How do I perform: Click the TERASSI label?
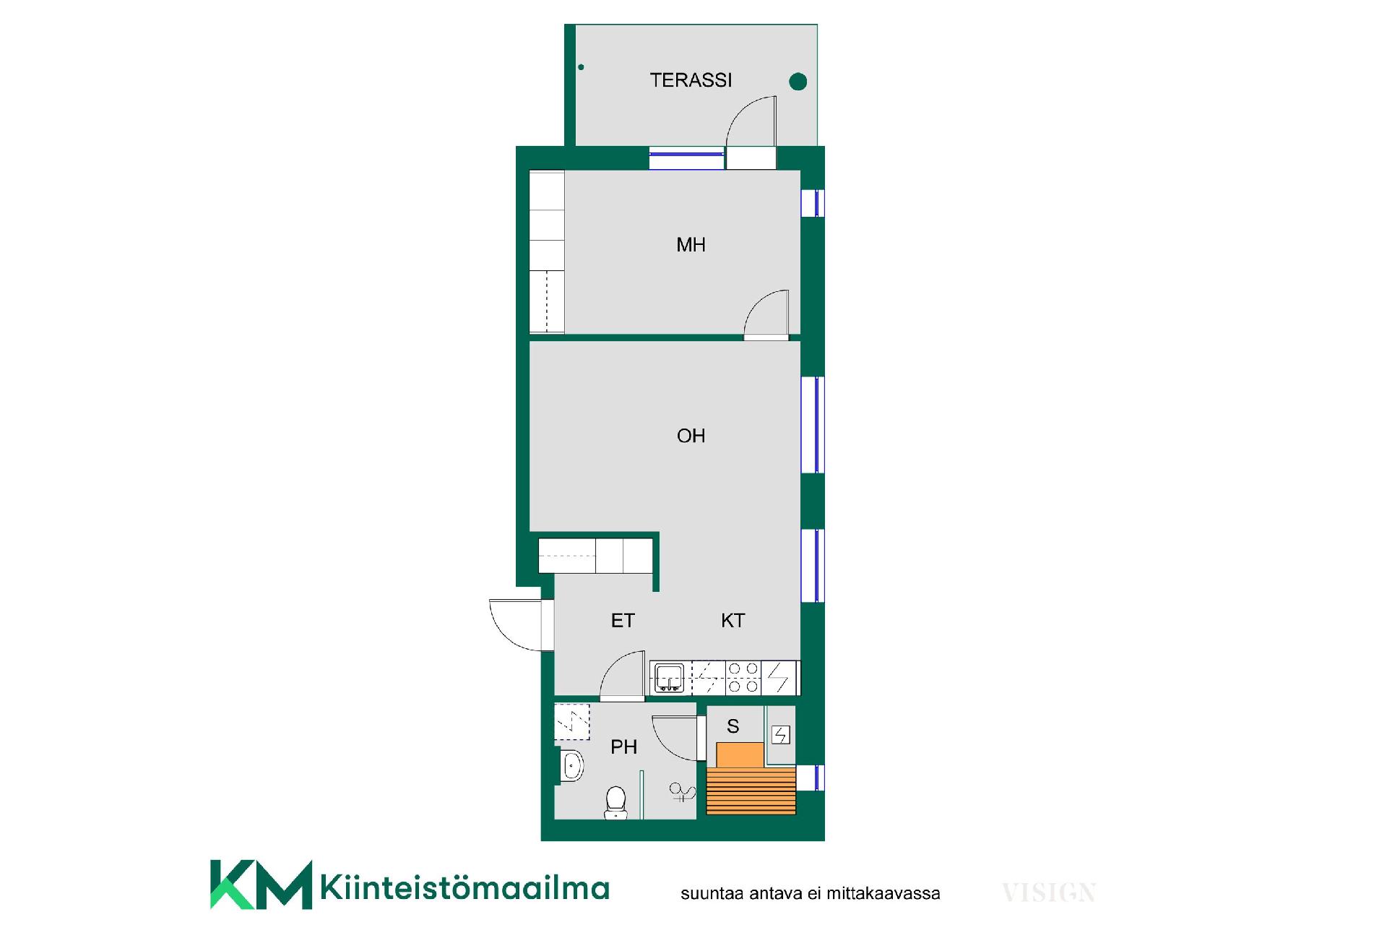(691, 80)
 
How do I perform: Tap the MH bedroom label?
(691, 245)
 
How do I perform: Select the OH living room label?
(691, 436)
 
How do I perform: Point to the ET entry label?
(623, 621)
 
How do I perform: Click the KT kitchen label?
(733, 621)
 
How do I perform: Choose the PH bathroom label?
(623, 747)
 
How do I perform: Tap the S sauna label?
(733, 726)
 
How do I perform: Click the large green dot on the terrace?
(798, 82)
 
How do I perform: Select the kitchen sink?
(669, 678)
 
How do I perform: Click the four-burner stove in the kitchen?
(743, 678)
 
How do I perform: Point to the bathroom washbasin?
(572, 766)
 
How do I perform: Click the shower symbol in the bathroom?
(682, 793)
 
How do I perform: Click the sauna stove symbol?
(781, 735)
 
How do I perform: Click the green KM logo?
(261, 885)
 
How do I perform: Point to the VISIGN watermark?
(1049, 893)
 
